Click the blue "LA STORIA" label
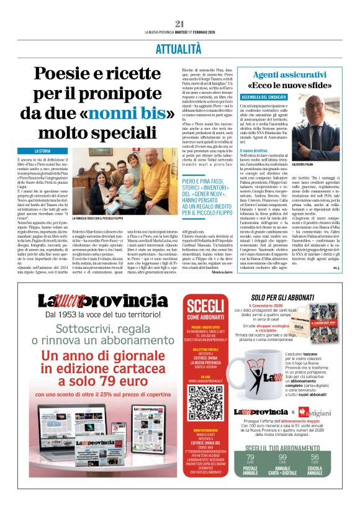(x=43, y=151)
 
